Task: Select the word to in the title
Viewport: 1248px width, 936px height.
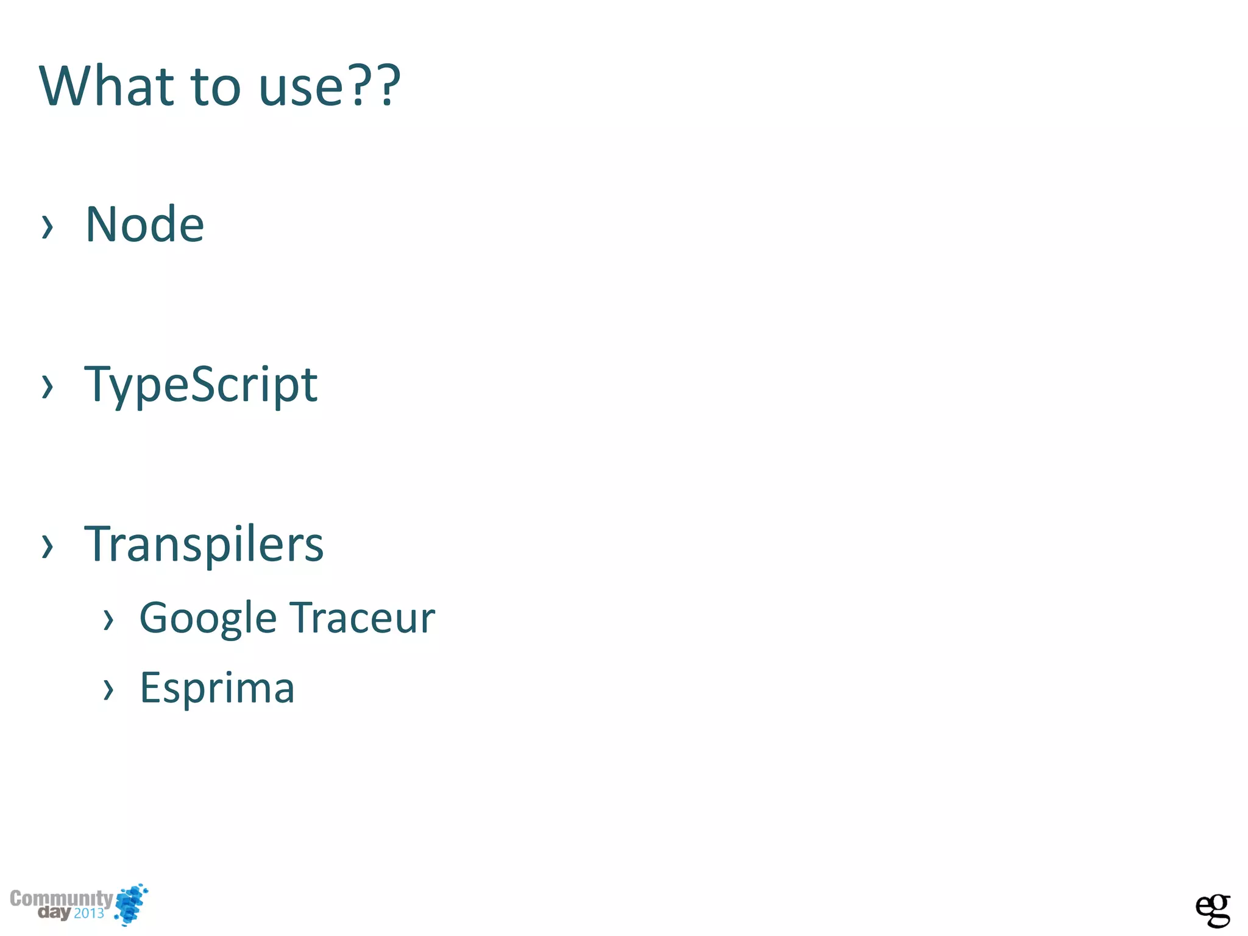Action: (216, 87)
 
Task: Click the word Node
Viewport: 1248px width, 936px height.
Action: (144, 225)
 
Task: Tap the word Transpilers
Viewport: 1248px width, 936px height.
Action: (204, 544)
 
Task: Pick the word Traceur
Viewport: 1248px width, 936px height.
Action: (362, 618)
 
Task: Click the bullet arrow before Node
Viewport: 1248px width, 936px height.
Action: (47, 227)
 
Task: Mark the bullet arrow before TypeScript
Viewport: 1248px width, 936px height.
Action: (47, 386)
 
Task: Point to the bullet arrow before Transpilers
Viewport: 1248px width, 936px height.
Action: (47, 546)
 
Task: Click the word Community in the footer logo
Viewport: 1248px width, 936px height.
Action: (61, 899)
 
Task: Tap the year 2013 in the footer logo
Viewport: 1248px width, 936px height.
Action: (89, 913)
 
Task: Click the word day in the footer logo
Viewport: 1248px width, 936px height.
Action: (54, 913)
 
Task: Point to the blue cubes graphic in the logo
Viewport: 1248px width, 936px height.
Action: (132, 904)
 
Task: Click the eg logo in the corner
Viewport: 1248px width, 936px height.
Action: (1212, 910)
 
